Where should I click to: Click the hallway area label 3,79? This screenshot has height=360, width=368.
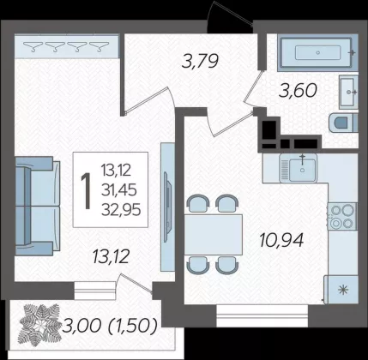[200, 61]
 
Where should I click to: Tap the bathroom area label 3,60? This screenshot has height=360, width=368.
[299, 91]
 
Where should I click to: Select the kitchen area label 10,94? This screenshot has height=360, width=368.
[281, 240]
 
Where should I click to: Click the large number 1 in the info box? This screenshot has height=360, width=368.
[86, 190]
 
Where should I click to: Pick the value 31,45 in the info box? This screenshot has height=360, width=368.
[118, 190]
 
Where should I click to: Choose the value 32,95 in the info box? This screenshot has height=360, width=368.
[121, 210]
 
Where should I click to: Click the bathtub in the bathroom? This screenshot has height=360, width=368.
[317, 53]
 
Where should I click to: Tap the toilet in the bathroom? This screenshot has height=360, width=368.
[343, 123]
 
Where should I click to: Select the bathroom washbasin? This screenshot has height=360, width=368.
[348, 92]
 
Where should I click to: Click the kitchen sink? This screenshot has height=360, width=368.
[299, 168]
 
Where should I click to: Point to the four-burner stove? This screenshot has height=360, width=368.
[342, 216]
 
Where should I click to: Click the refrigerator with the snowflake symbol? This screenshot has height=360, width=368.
[341, 290]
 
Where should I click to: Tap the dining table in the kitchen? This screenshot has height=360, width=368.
[214, 234]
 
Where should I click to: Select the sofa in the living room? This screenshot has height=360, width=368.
[37, 206]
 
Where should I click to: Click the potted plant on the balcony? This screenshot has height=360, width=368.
[39, 325]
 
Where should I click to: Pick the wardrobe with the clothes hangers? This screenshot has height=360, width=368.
[66, 46]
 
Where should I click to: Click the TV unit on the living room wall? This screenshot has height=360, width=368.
[167, 207]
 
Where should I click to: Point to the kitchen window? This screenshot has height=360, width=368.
[262, 315]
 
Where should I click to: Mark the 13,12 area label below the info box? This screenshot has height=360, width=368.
[111, 256]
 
